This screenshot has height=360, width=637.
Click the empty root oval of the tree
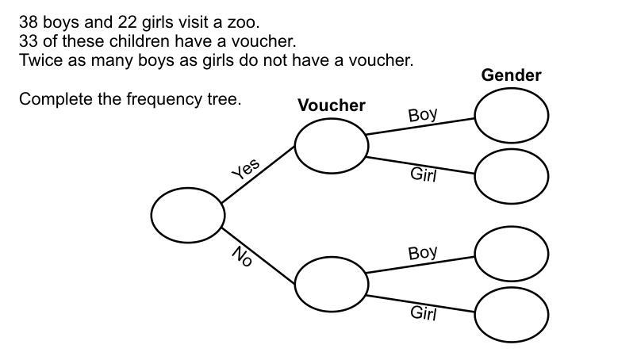click(188, 215)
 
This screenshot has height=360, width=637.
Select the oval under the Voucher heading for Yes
click(332, 145)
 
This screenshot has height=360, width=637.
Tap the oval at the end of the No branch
click(332, 283)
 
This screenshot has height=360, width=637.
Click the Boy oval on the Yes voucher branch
click(512, 115)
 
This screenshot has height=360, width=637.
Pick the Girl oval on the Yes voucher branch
click(512, 174)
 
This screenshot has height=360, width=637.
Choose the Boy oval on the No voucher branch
click(512, 253)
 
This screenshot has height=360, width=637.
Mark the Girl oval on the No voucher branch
click(512, 313)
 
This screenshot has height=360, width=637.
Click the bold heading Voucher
click(332, 105)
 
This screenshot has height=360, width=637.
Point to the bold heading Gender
click(512, 75)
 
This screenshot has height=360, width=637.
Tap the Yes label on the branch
click(246, 169)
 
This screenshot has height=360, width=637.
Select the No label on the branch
click(242, 255)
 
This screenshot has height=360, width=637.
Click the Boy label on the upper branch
click(423, 115)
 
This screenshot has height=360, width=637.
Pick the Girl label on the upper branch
click(424, 174)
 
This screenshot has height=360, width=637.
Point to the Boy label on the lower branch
click(423, 254)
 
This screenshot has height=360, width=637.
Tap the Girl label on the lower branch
click(424, 313)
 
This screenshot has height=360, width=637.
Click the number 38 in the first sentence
click(29, 22)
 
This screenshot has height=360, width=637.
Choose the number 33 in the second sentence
click(29, 41)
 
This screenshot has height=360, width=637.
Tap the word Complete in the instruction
click(52, 100)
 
